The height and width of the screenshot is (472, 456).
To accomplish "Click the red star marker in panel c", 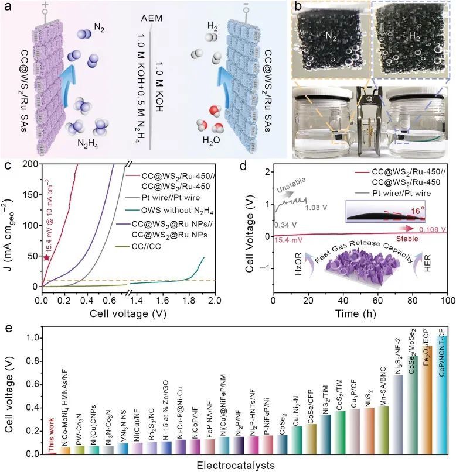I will [x=46, y=257].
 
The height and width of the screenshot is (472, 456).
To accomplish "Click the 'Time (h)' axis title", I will [x=359, y=313].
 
